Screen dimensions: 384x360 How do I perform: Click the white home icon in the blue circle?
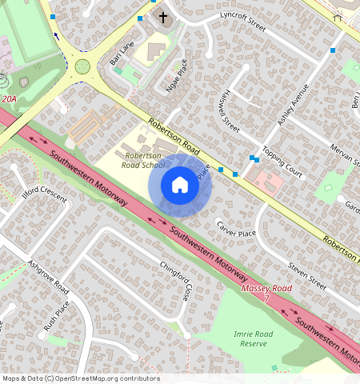tap(180, 186)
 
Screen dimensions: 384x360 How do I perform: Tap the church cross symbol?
tap(163, 17)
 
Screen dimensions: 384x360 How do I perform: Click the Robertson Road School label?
tap(143, 160)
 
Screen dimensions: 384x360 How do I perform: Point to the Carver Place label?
tap(236, 229)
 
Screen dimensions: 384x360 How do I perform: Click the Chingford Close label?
tap(175, 281)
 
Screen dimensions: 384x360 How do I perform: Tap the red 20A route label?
tap(9, 99)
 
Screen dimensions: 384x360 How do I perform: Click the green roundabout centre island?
tap(82, 66)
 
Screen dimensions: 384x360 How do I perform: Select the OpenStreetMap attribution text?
tap(81, 378)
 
